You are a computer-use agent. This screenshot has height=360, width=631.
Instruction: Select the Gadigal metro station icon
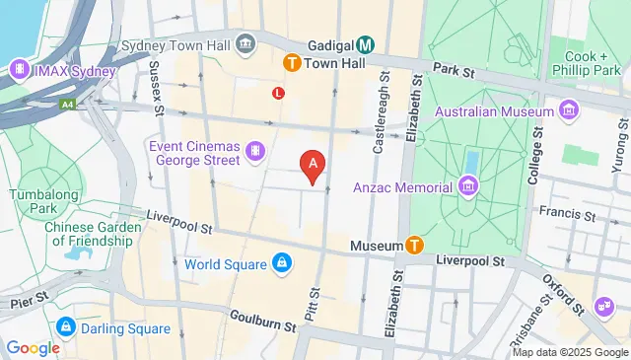point(366,45)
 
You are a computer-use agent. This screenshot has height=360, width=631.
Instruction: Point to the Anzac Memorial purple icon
point(467,186)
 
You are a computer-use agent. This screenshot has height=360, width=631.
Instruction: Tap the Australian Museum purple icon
point(567,109)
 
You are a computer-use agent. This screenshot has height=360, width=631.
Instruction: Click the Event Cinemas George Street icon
point(255,152)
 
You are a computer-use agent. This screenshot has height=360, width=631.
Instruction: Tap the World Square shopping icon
point(282,263)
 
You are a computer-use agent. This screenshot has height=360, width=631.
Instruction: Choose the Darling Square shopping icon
point(65,325)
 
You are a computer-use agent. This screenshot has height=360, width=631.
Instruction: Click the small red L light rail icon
point(279,94)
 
